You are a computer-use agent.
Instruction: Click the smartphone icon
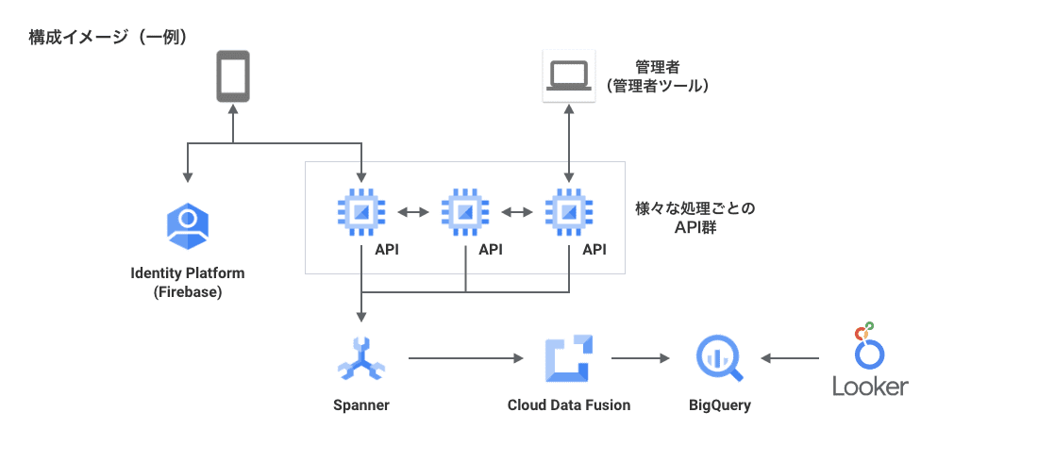point(233,76)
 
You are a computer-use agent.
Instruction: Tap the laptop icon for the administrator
point(568,76)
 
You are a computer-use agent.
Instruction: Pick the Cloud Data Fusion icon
point(568,359)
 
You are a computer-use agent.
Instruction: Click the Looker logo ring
point(870,353)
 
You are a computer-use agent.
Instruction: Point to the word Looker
point(870,387)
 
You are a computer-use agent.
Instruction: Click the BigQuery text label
point(721,405)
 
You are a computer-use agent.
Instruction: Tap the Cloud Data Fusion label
point(568,405)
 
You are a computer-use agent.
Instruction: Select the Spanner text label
point(361,405)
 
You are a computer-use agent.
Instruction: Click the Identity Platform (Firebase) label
point(188,282)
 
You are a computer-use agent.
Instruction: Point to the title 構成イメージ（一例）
point(109,38)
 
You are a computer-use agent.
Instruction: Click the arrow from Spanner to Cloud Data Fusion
point(465,358)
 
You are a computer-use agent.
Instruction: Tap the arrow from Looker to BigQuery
point(790,358)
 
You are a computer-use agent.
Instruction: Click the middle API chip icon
point(465,212)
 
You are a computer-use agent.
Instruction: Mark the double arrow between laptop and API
point(568,141)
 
